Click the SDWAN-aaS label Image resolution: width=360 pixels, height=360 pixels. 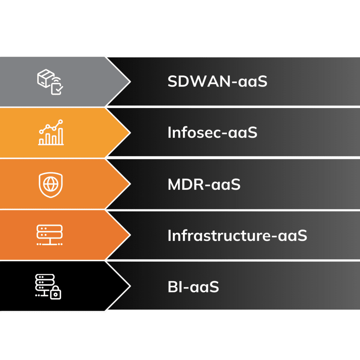217,82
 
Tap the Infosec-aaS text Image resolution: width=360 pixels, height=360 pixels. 212,133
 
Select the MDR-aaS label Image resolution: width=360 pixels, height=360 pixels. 204,185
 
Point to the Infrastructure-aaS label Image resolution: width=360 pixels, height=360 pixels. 237,236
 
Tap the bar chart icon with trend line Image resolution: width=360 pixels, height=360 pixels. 51,133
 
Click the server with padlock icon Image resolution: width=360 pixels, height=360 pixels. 49,287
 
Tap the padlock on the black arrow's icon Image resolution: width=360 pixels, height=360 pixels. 56,293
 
